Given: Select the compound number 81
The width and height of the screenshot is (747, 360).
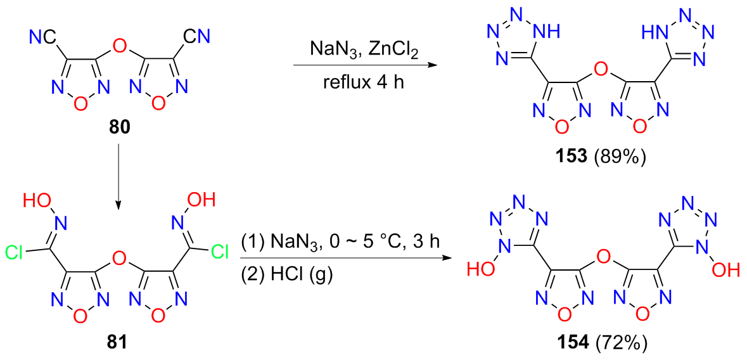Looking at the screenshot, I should (x=118, y=343).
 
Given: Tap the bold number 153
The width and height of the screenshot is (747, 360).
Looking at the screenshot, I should (x=574, y=155).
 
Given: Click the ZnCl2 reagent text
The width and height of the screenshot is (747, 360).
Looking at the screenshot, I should (x=395, y=48).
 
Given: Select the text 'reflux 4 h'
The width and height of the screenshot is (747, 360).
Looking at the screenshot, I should (x=364, y=82).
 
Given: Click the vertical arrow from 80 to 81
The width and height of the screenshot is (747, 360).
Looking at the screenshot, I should (x=118, y=177).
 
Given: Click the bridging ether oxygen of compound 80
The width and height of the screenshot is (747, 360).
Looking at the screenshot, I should (x=118, y=46).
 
